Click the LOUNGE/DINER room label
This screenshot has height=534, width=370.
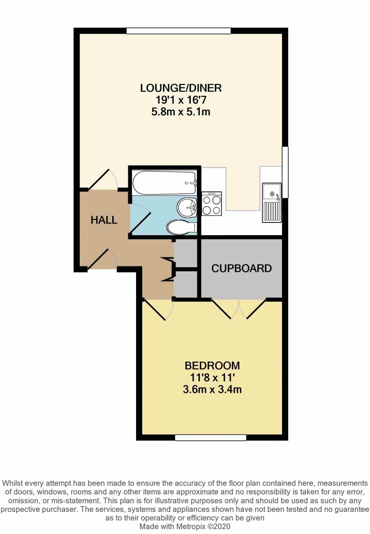[181, 88]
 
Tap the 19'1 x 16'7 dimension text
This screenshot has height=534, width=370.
[181, 100]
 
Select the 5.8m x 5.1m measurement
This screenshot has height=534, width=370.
[181, 112]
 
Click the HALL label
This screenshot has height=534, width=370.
[104, 220]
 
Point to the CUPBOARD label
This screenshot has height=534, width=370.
[241, 268]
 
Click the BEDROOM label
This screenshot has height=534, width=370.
[212, 365]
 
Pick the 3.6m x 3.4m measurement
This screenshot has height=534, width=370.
[212, 389]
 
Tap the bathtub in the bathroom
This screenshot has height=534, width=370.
[165, 183]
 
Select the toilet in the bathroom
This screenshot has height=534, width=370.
[182, 227]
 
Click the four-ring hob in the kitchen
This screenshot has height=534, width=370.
[211, 204]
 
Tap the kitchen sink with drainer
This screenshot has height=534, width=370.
[272, 203]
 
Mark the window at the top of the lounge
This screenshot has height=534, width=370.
[178, 31]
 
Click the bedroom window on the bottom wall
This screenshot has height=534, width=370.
[210, 438]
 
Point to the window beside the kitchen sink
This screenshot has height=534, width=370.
[285, 172]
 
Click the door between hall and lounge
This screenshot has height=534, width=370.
[103, 179]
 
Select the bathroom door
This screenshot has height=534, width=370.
[140, 218]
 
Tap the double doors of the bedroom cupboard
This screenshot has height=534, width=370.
[239, 309]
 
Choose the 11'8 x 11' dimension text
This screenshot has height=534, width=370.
[212, 377]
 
